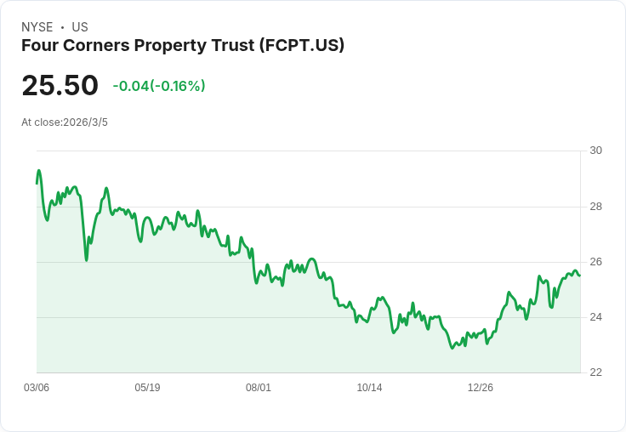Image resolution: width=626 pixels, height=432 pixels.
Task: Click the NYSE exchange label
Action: pyautogui.click(x=37, y=27)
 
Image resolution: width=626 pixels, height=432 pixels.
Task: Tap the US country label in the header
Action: pyautogui.click(x=80, y=27)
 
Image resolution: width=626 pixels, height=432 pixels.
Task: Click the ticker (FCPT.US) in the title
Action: pyautogui.click(x=299, y=46)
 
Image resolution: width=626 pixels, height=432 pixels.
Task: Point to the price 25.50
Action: pyautogui.click(x=60, y=86)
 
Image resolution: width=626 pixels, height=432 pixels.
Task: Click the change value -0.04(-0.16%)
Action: pyautogui.click(x=159, y=86)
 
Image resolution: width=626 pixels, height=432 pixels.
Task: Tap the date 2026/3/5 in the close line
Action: pyautogui.click(x=86, y=122)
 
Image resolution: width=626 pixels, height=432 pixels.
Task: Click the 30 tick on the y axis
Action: pyautogui.click(x=595, y=151)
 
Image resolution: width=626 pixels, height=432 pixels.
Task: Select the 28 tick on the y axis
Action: pyautogui.click(x=595, y=207)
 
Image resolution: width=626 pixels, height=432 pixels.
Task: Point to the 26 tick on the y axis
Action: pyautogui.click(x=595, y=262)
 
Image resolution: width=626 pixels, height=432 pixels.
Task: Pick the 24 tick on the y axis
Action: pyautogui.click(x=595, y=317)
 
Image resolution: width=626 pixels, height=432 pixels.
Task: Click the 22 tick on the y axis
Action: pyautogui.click(x=595, y=372)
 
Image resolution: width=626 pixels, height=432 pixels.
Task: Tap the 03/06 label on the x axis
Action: pyautogui.click(x=37, y=388)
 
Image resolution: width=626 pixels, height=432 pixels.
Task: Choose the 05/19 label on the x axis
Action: pyautogui.click(x=147, y=388)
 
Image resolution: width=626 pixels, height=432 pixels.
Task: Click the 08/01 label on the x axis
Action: pyautogui.click(x=259, y=388)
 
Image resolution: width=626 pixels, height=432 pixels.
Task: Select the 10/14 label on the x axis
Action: pyautogui.click(x=369, y=388)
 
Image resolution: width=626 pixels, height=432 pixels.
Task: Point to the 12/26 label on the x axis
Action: pyautogui.click(x=481, y=388)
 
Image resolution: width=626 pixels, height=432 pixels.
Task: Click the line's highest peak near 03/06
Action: pyautogui.click(x=38, y=170)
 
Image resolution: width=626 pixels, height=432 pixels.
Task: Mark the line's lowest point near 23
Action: pyautogui.click(x=453, y=348)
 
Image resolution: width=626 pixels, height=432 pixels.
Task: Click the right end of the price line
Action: pyautogui.click(x=580, y=275)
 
